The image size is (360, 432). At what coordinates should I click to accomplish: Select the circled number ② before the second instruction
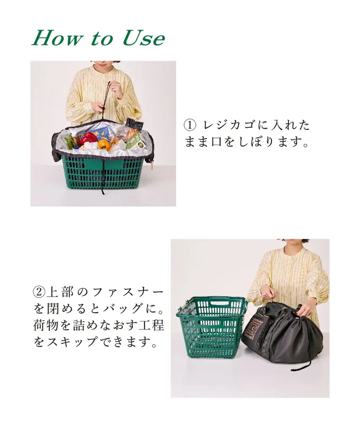click(38, 292)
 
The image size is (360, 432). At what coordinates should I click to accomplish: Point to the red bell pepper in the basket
click(88, 138)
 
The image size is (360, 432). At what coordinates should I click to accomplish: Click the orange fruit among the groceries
click(103, 145)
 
